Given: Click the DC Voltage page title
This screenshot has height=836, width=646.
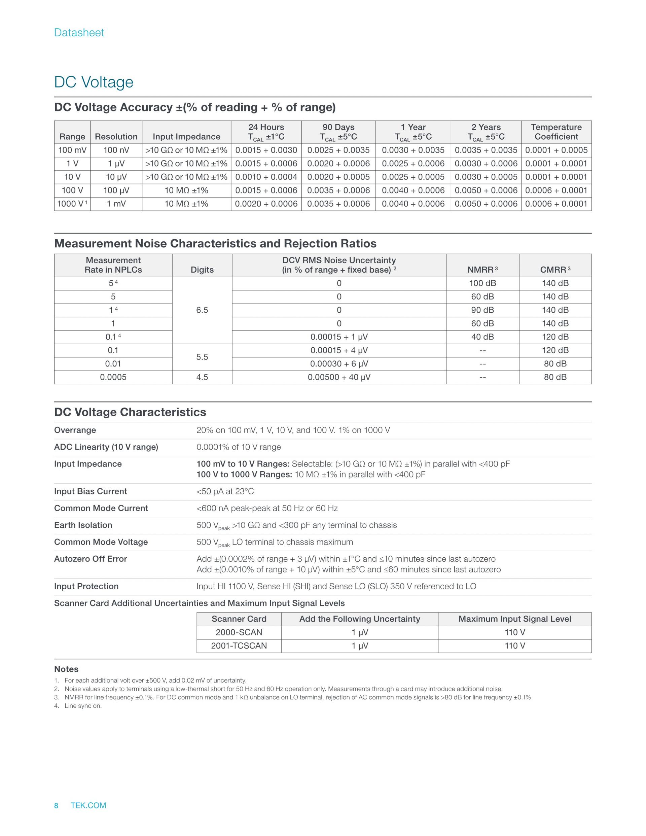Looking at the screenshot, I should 94,82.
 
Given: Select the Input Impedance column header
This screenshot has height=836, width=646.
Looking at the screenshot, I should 186,137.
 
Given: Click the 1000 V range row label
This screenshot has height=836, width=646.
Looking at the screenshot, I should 72,204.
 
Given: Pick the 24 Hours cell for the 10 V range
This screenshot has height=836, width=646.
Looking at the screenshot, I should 266,177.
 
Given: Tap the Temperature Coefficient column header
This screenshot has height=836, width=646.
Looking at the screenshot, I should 556,132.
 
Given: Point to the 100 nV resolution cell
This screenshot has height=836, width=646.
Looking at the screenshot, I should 116,150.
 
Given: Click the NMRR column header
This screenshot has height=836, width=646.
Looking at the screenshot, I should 482,270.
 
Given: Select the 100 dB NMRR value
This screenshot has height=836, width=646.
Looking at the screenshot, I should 482,283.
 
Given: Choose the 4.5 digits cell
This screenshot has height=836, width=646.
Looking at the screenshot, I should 202,377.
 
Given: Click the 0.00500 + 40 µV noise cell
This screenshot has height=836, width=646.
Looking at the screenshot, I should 339,377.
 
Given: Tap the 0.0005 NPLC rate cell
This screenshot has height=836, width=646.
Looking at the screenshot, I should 113,377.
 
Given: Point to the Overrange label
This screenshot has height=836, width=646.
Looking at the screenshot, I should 75,430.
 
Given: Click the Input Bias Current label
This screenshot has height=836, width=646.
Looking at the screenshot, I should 90,491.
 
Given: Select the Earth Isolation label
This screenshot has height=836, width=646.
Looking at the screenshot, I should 83,525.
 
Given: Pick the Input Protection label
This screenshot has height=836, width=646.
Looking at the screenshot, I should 86,586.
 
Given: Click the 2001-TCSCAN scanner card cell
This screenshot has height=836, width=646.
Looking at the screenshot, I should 239,646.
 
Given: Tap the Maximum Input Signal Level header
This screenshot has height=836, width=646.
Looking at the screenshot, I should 514,619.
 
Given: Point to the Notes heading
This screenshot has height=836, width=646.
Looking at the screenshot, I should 66,669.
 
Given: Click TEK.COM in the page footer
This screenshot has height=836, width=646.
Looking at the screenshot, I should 88,805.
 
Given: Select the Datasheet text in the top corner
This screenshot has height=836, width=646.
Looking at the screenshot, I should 79,33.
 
